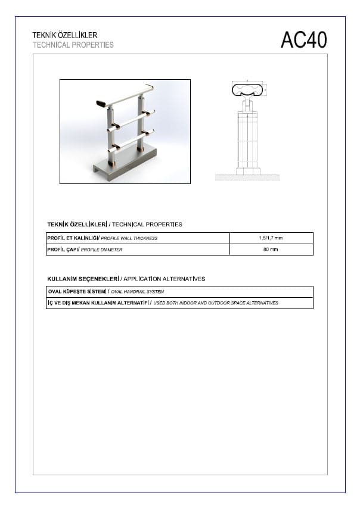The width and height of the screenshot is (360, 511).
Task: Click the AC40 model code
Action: pyautogui.click(x=304, y=40)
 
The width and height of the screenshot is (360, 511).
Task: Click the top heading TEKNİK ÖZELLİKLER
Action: pyautogui.click(x=64, y=36)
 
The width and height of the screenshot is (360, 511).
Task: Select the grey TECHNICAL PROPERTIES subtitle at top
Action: pyautogui.click(x=73, y=45)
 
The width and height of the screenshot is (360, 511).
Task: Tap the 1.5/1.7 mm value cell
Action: pyautogui.click(x=271, y=238)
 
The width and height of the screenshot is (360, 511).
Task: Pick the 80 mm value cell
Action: pyautogui.click(x=271, y=250)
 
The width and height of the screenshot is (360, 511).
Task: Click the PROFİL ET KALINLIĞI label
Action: pyautogui.click(x=73, y=238)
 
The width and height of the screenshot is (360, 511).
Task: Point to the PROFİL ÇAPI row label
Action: pyautogui.click(x=63, y=250)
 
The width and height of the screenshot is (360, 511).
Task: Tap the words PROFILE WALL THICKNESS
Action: pyautogui.click(x=129, y=238)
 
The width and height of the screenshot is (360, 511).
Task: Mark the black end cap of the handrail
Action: pyautogui.click(x=102, y=104)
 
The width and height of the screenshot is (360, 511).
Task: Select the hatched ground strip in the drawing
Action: pyautogui.click(x=247, y=177)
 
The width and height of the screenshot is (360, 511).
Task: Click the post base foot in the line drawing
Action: pyautogui.click(x=247, y=171)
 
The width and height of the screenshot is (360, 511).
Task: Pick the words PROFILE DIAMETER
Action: pyautogui.click(x=101, y=250)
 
